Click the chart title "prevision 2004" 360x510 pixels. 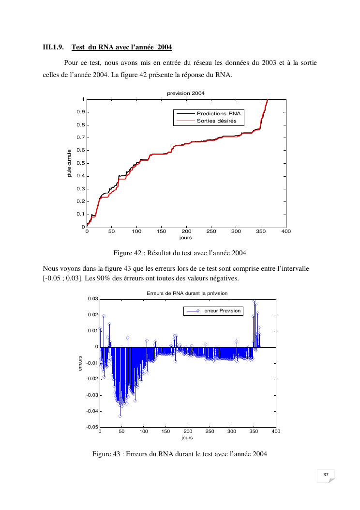click(186, 93)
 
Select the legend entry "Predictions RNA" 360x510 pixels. click(218, 114)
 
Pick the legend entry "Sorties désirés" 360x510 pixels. click(216, 121)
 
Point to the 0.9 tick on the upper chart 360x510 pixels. click(80, 112)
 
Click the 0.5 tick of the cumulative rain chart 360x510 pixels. click(80, 163)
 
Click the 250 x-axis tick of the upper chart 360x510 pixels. click(211, 232)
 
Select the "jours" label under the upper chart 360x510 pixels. click(186, 238)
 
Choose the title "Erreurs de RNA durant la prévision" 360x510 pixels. click(187, 293)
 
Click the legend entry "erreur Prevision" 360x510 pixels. click(222, 310)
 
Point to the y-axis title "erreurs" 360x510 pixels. click(80, 364)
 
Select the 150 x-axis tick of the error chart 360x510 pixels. click(165, 431)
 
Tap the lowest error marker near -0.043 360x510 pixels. click(120, 416)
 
